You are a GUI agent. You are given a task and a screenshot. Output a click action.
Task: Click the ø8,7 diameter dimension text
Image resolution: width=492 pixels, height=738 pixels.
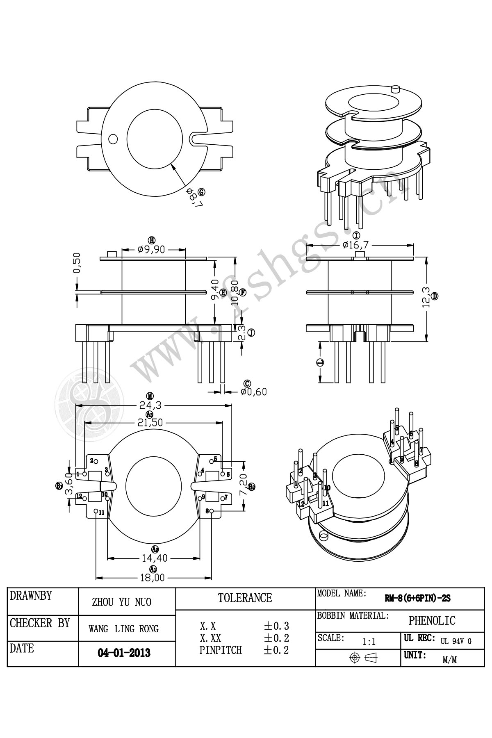(x=194, y=198)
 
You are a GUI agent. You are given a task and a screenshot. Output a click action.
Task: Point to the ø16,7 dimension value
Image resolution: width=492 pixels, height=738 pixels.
(x=355, y=245)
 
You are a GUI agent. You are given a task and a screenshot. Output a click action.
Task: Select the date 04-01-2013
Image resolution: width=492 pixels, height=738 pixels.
(x=124, y=653)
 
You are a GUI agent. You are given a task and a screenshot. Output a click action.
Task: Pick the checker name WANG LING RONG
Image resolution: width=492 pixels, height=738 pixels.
(x=123, y=629)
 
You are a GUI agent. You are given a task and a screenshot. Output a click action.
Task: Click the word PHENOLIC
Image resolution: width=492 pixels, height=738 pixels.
(x=432, y=621)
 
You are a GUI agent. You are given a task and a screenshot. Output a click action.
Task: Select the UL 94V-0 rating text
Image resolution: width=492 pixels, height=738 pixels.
(x=456, y=641)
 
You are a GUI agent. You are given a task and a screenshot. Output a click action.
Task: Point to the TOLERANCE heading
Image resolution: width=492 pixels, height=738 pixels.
(x=245, y=598)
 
